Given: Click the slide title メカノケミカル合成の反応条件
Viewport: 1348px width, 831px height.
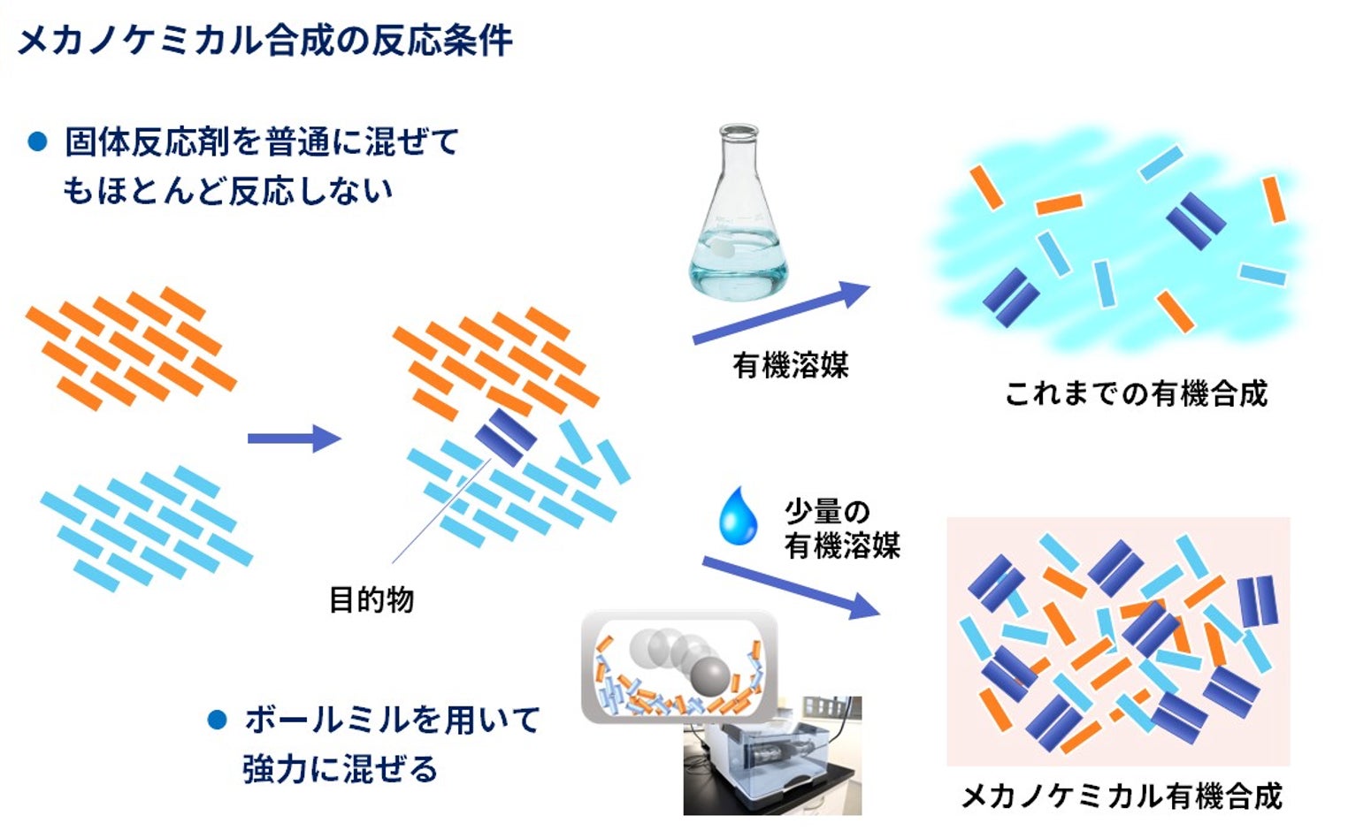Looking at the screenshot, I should pyautogui.click(x=264, y=41).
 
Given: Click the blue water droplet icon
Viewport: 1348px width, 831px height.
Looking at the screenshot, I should pyautogui.click(x=738, y=517).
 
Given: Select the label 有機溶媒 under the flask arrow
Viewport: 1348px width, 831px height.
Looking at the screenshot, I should pyautogui.click(x=790, y=365).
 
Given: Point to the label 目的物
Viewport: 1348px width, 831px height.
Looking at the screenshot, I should pyautogui.click(x=371, y=600).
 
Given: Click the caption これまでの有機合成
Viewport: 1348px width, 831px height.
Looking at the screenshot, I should pyautogui.click(x=1136, y=393).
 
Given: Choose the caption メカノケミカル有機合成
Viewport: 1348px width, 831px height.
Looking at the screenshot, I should pyautogui.click(x=1122, y=797).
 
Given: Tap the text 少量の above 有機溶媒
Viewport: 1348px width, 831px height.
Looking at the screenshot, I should pyautogui.click(x=827, y=512).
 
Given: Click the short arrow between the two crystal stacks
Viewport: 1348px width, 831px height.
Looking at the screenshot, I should pyautogui.click(x=294, y=438).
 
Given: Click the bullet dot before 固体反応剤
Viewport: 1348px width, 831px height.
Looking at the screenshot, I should pyautogui.click(x=37, y=141).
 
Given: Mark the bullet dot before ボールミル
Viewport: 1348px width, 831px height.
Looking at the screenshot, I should pyautogui.click(x=217, y=720).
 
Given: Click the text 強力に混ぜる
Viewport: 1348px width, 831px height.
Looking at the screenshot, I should pyautogui.click(x=340, y=769).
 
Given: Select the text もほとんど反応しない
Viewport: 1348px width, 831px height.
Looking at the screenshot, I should pyautogui.click(x=227, y=191).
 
